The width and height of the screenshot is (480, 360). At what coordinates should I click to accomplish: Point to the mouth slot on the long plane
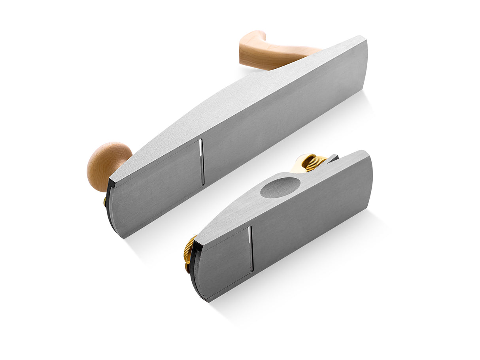pos(202,162)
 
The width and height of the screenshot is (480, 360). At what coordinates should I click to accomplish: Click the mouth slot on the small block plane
pos(251,249)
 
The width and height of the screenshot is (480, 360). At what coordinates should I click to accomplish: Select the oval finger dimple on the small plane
pos(281,187)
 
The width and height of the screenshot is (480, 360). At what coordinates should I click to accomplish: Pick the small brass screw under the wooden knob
pos(105,202)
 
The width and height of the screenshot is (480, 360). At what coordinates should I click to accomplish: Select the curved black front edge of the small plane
pos(194,273)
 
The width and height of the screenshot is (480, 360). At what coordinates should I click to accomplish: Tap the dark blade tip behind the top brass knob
pos(332,158)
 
